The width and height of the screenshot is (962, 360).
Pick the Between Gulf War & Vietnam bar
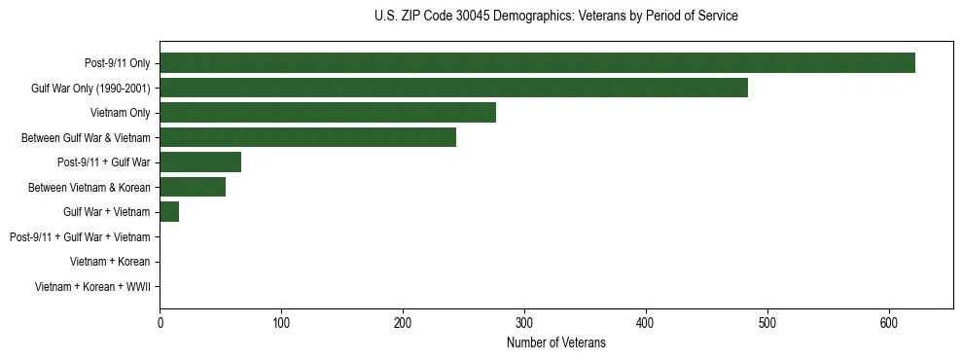pyautogui.click(x=307, y=137)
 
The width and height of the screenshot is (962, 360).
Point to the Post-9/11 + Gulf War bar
pyautogui.click(x=200, y=162)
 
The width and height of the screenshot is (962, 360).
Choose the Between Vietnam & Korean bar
pyautogui.click(x=193, y=187)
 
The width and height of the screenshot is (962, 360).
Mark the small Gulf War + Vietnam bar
pyautogui.click(x=169, y=212)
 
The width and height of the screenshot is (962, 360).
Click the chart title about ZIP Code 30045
pyautogui.click(x=555, y=17)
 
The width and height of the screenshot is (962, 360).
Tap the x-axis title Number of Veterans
pyautogui.click(x=555, y=342)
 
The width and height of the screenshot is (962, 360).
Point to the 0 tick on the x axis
pyautogui.click(x=160, y=322)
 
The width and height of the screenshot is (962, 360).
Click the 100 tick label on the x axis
pyautogui.click(x=281, y=322)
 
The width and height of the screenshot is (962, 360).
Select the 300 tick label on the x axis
pyautogui.click(x=524, y=322)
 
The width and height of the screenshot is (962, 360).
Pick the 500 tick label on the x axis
pyautogui.click(x=767, y=322)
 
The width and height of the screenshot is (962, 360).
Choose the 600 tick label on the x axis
pyautogui.click(x=889, y=322)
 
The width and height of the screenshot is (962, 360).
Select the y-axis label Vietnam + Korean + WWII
pyautogui.click(x=92, y=287)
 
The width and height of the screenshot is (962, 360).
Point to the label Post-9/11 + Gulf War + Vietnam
pyautogui.click(x=80, y=237)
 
